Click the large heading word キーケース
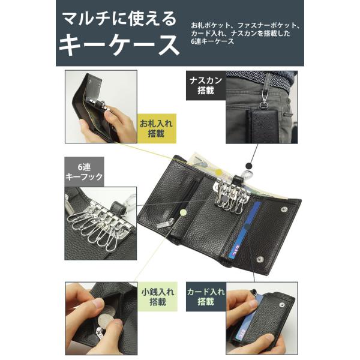(119, 45)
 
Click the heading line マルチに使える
(119, 19)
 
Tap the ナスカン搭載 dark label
(206, 85)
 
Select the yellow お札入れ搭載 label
(157, 128)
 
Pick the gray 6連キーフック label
(84, 172)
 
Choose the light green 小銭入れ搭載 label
(157, 296)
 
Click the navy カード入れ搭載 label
(206, 296)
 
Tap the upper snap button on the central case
(284, 209)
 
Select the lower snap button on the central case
(260, 259)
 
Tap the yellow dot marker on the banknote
(220, 172)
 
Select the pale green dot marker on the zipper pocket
(183, 212)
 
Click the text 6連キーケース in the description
(212, 41)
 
